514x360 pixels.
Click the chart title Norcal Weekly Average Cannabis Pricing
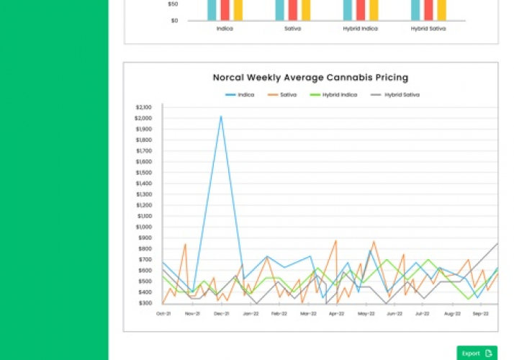[x=310, y=78]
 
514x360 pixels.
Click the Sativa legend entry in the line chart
[x=287, y=94]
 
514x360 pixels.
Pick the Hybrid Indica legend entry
[x=336, y=94]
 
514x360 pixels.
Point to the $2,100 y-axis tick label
[x=143, y=107]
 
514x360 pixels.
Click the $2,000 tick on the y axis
[x=143, y=118]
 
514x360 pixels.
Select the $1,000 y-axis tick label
[x=143, y=227]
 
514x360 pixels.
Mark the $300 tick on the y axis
[x=144, y=303]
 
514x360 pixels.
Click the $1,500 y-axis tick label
[x=143, y=173]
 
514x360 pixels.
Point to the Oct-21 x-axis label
[x=163, y=314]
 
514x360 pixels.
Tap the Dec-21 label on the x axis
[x=221, y=314]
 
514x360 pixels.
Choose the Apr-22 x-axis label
[x=336, y=314]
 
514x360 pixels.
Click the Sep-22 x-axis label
[x=481, y=314]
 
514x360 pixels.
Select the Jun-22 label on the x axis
[x=394, y=314]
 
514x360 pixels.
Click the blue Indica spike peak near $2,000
[x=221, y=116]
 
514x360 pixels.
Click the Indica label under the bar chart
[x=225, y=29]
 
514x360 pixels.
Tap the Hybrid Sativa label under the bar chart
[x=429, y=29]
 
